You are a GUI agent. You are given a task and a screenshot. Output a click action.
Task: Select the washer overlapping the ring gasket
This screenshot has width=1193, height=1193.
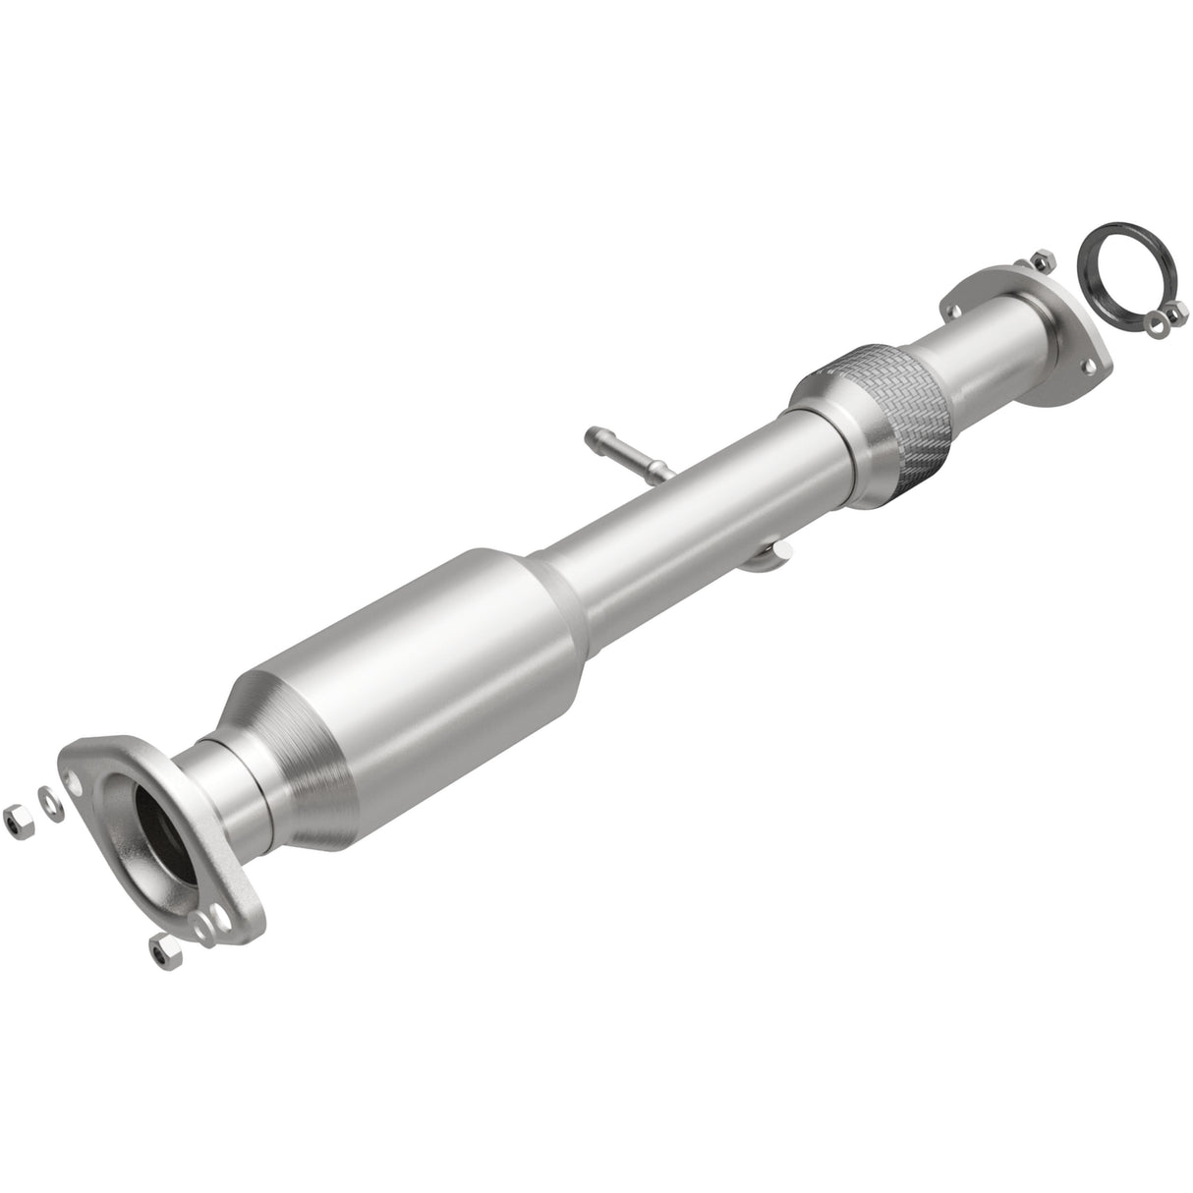pos(1156,316)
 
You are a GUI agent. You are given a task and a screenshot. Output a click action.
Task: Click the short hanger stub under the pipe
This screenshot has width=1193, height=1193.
pos(770,558)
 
